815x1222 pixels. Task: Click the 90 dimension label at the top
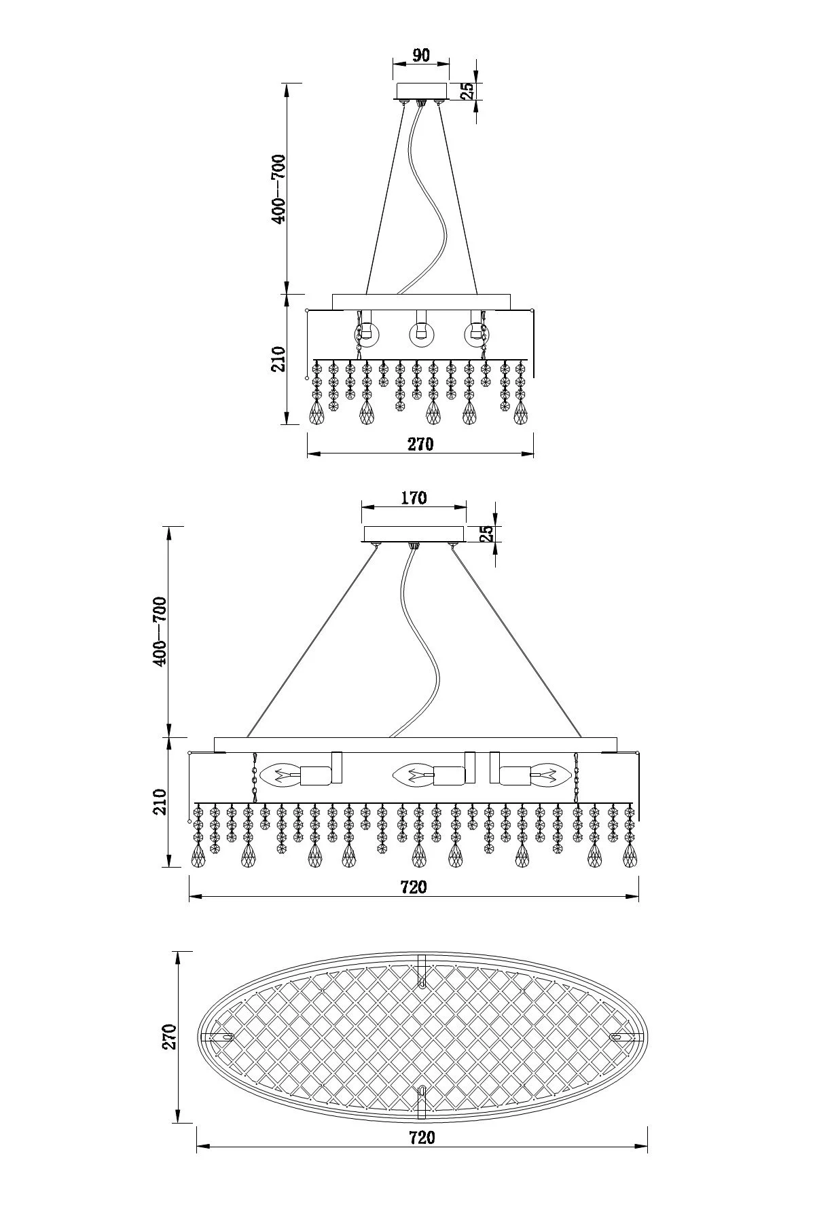click(x=421, y=55)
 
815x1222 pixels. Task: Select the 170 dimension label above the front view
click(x=414, y=498)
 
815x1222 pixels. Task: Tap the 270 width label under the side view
click(x=420, y=444)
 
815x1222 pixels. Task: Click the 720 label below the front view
click(x=414, y=887)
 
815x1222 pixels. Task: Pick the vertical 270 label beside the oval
click(x=170, y=1037)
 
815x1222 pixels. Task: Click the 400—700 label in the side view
click(x=279, y=188)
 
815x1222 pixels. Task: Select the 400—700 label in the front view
click(x=160, y=631)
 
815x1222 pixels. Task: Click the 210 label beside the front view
click(x=160, y=802)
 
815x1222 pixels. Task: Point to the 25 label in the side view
click(x=467, y=90)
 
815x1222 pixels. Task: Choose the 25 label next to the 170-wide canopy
click(x=486, y=534)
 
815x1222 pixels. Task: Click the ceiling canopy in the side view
click(x=421, y=91)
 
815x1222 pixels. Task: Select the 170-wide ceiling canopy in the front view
click(x=414, y=534)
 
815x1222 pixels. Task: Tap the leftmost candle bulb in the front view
click(x=278, y=775)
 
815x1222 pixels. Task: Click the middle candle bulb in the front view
click(x=412, y=775)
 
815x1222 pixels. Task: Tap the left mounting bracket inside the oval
click(x=219, y=1037)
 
